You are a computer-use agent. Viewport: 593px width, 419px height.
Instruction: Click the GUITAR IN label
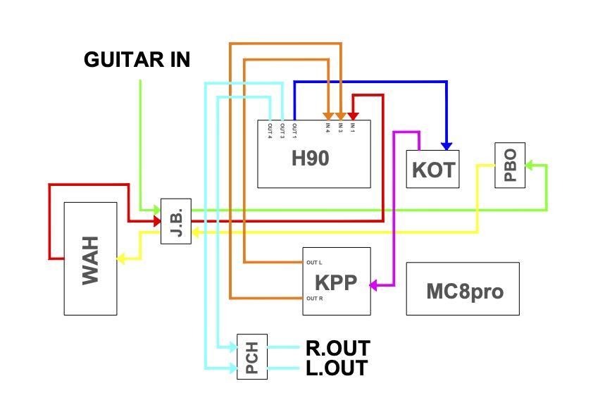click(x=137, y=60)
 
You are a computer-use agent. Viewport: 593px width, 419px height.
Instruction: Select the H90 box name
click(x=310, y=159)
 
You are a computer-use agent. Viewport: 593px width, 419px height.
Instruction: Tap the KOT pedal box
click(x=432, y=170)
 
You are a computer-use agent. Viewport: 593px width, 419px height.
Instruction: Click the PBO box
click(x=510, y=164)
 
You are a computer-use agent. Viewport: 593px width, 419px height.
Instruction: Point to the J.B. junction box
click(x=175, y=221)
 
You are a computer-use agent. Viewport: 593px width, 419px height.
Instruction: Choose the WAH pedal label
click(x=90, y=259)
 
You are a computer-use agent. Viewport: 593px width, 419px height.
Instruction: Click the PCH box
click(x=252, y=357)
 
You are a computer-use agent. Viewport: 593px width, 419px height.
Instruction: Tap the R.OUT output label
click(x=337, y=348)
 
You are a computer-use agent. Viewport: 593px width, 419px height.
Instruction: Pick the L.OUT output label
click(x=336, y=368)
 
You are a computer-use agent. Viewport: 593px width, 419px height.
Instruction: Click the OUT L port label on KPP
click(x=314, y=263)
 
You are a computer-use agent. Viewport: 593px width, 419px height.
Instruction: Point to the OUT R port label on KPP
click(x=315, y=299)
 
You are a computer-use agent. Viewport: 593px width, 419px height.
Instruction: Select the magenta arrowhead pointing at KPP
click(x=374, y=285)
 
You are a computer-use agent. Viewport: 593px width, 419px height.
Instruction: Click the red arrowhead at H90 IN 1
click(x=352, y=115)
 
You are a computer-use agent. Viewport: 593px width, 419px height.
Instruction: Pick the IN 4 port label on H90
click(x=327, y=127)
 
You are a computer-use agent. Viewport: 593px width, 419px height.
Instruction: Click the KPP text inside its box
click(x=336, y=282)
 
